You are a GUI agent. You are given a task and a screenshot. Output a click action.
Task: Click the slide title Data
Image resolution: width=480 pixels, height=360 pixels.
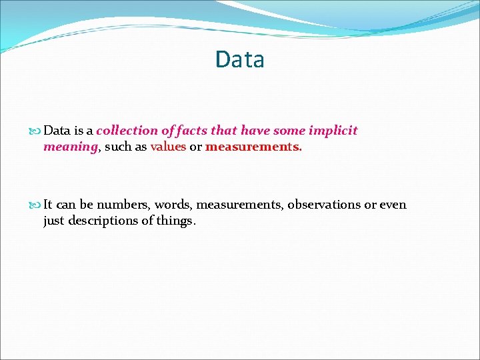(239, 59)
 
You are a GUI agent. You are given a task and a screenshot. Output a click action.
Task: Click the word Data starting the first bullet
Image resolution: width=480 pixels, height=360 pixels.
(57, 131)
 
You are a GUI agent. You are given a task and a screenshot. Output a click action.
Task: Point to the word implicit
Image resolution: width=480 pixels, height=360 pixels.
(333, 131)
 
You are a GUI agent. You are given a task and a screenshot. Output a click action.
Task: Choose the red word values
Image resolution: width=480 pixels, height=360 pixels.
(168, 147)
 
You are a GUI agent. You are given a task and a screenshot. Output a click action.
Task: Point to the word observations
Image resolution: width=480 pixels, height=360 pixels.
(323, 205)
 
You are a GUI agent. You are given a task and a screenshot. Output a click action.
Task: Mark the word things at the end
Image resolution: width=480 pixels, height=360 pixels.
(175, 221)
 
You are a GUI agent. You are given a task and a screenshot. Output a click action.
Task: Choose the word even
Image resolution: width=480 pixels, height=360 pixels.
(393, 205)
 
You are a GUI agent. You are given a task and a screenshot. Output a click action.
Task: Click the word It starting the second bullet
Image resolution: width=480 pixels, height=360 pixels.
(48, 205)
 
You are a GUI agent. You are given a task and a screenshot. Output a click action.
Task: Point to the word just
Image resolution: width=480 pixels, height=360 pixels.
(55, 221)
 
